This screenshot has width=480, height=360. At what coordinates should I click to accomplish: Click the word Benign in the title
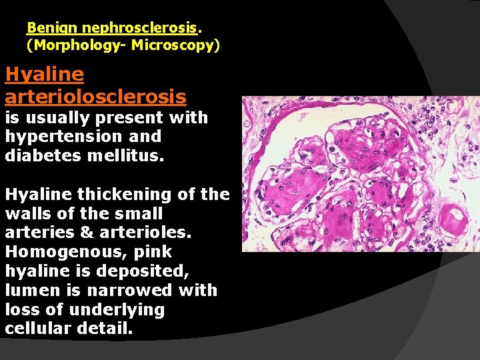tap(45, 28)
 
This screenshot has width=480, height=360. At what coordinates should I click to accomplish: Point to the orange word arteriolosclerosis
tap(95, 97)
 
